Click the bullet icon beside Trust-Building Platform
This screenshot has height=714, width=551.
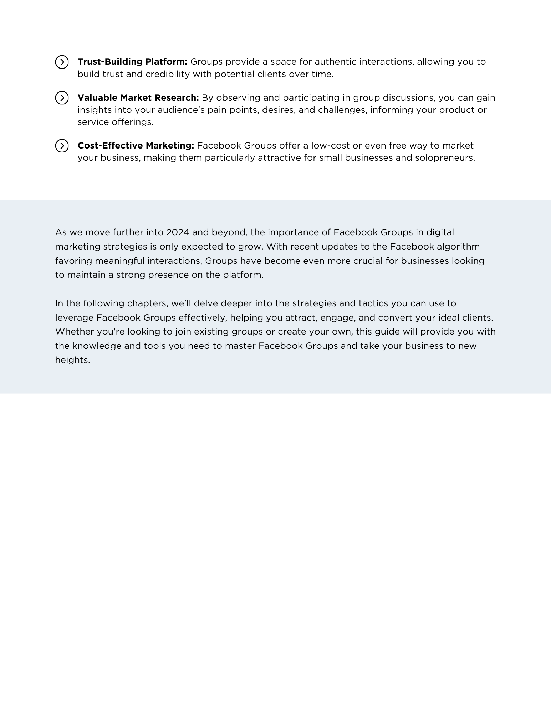[x=62, y=62]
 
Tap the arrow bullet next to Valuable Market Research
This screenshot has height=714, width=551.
[x=62, y=98]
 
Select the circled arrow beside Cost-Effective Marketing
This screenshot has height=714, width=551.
[x=62, y=146]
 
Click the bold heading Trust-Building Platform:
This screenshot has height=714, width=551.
[x=132, y=62]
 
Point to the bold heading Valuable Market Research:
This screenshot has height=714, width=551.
[x=138, y=98]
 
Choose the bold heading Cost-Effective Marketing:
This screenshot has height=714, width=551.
[x=136, y=146]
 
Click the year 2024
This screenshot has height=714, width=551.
[x=178, y=232]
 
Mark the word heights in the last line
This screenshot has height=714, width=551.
[x=72, y=360]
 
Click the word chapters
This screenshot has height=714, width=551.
[x=148, y=303]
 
